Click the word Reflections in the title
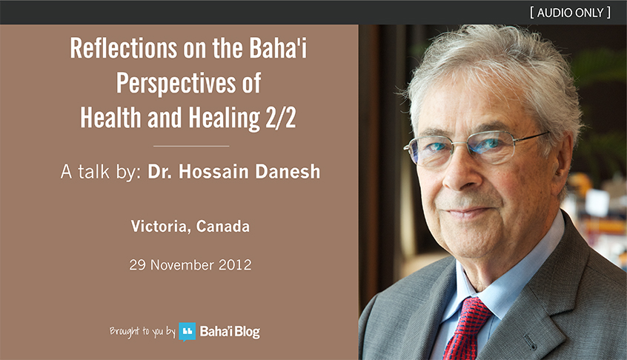(124, 48)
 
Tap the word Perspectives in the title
(176, 84)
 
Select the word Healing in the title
(224, 119)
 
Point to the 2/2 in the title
(281, 118)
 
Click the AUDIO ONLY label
(570, 13)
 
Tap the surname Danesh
(288, 171)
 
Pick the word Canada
(223, 227)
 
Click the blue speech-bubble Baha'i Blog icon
(188, 332)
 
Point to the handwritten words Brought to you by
(142, 332)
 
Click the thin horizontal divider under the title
(191, 146)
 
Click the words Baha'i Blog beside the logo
(230, 332)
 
